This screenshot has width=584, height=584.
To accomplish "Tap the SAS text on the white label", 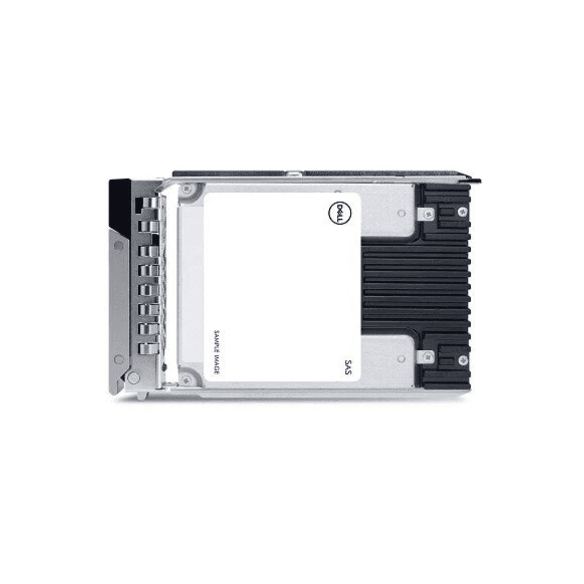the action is tap(349, 368).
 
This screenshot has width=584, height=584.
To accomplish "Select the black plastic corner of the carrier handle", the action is tap(120, 203).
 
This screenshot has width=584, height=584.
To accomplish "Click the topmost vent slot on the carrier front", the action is tap(148, 204).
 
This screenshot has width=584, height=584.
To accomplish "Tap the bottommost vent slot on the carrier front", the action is tap(148, 348).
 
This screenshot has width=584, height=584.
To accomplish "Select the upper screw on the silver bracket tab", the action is tap(429, 214).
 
